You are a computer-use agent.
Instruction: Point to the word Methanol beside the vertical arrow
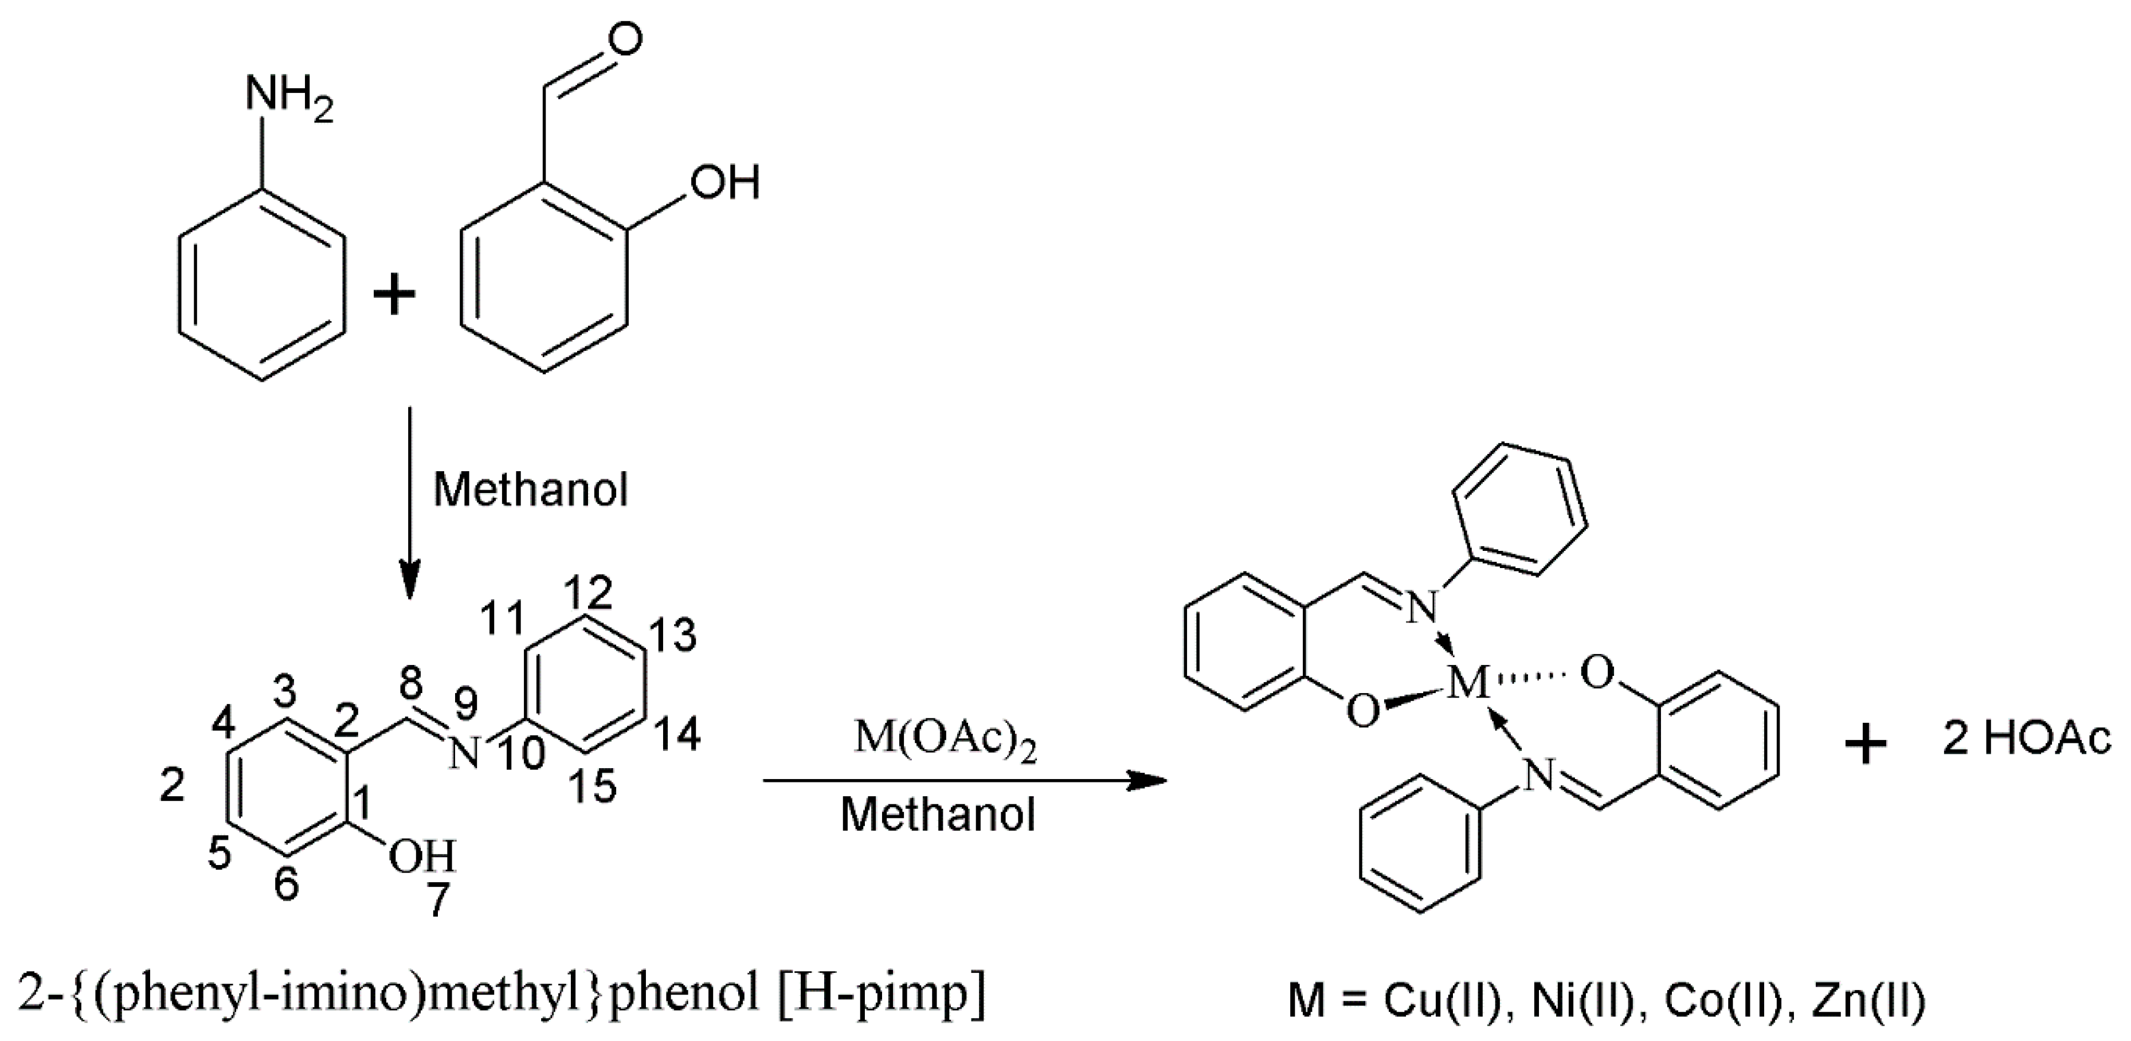pos(530,490)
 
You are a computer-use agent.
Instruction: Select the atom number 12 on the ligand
pos(589,593)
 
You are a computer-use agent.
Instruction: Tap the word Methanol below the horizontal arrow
pos(938,815)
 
